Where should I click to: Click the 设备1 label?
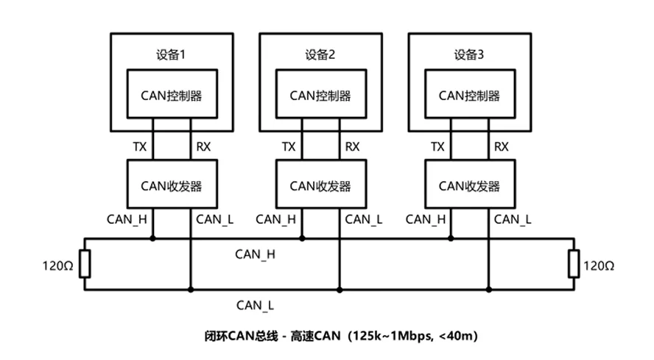[171, 54]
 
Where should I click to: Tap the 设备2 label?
[320, 54]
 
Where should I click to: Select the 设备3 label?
[469, 54]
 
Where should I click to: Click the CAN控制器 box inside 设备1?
[172, 93]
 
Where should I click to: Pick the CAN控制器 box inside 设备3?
[470, 93]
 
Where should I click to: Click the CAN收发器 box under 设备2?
[321, 184]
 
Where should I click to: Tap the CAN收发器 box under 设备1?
[172, 184]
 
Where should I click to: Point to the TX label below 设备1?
[140, 147]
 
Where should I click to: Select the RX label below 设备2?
[353, 147]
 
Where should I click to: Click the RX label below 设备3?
[502, 147]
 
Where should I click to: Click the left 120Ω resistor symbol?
[85, 264]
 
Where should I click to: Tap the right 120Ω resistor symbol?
[574, 264]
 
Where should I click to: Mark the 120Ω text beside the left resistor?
[57, 266]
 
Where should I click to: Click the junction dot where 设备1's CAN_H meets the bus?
[152, 239]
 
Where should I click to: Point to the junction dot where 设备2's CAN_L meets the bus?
[340, 289]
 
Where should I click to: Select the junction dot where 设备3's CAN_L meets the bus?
[489, 289]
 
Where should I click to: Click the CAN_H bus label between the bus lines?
[256, 255]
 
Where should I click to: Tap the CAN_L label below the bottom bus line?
[256, 306]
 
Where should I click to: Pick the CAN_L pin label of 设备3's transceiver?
[513, 219]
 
